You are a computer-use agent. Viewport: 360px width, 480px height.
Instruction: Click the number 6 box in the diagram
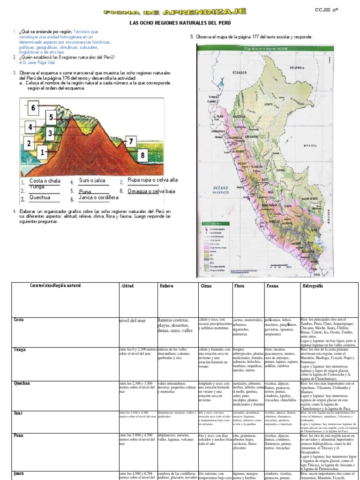33,109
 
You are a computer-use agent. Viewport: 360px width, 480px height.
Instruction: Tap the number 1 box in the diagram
42,152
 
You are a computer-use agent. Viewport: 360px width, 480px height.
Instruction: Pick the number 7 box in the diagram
131,141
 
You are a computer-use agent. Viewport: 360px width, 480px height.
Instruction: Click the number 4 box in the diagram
30,127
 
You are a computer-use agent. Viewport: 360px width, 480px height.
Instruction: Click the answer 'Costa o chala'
45,180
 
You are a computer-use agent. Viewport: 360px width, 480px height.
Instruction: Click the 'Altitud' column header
127,285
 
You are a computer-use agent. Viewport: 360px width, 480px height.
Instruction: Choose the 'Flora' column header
239,285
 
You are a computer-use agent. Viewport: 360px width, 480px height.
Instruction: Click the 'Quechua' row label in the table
22,383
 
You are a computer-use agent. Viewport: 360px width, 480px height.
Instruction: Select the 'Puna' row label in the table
19,435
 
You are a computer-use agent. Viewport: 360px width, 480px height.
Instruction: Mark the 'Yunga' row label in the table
20,349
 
